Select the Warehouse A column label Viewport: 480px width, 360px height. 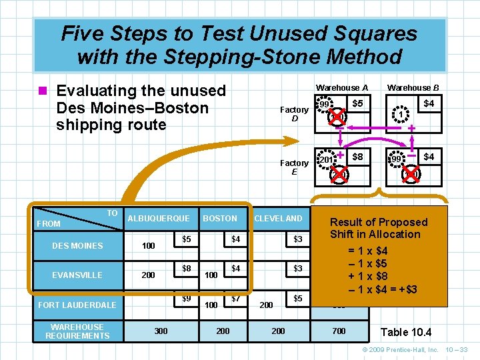pos(342,88)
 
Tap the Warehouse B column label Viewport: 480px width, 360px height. pos(413,88)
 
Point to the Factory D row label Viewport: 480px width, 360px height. pos(294,114)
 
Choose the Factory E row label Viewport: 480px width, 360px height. pos(294,167)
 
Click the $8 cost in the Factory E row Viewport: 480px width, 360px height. pos(358,157)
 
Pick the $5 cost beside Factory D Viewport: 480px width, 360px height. pos(358,104)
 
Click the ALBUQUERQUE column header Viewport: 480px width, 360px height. pos(158,218)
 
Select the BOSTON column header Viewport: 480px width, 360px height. pos(219,218)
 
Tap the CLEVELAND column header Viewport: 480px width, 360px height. pos(278,218)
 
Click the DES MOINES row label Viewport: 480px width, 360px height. pos(77,246)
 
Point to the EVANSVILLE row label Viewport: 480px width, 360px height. pos(77,275)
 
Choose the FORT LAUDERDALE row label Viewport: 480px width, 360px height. pos(77,305)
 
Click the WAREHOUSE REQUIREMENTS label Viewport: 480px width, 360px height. pos(77,331)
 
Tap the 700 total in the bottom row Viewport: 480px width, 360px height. pos(339,331)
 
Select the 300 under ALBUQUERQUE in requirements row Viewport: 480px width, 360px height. pos(161,331)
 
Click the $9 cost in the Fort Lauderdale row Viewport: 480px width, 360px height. pos(187,298)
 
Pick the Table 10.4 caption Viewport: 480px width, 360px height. pos(406,332)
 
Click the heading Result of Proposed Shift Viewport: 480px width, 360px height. pos(379,228)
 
